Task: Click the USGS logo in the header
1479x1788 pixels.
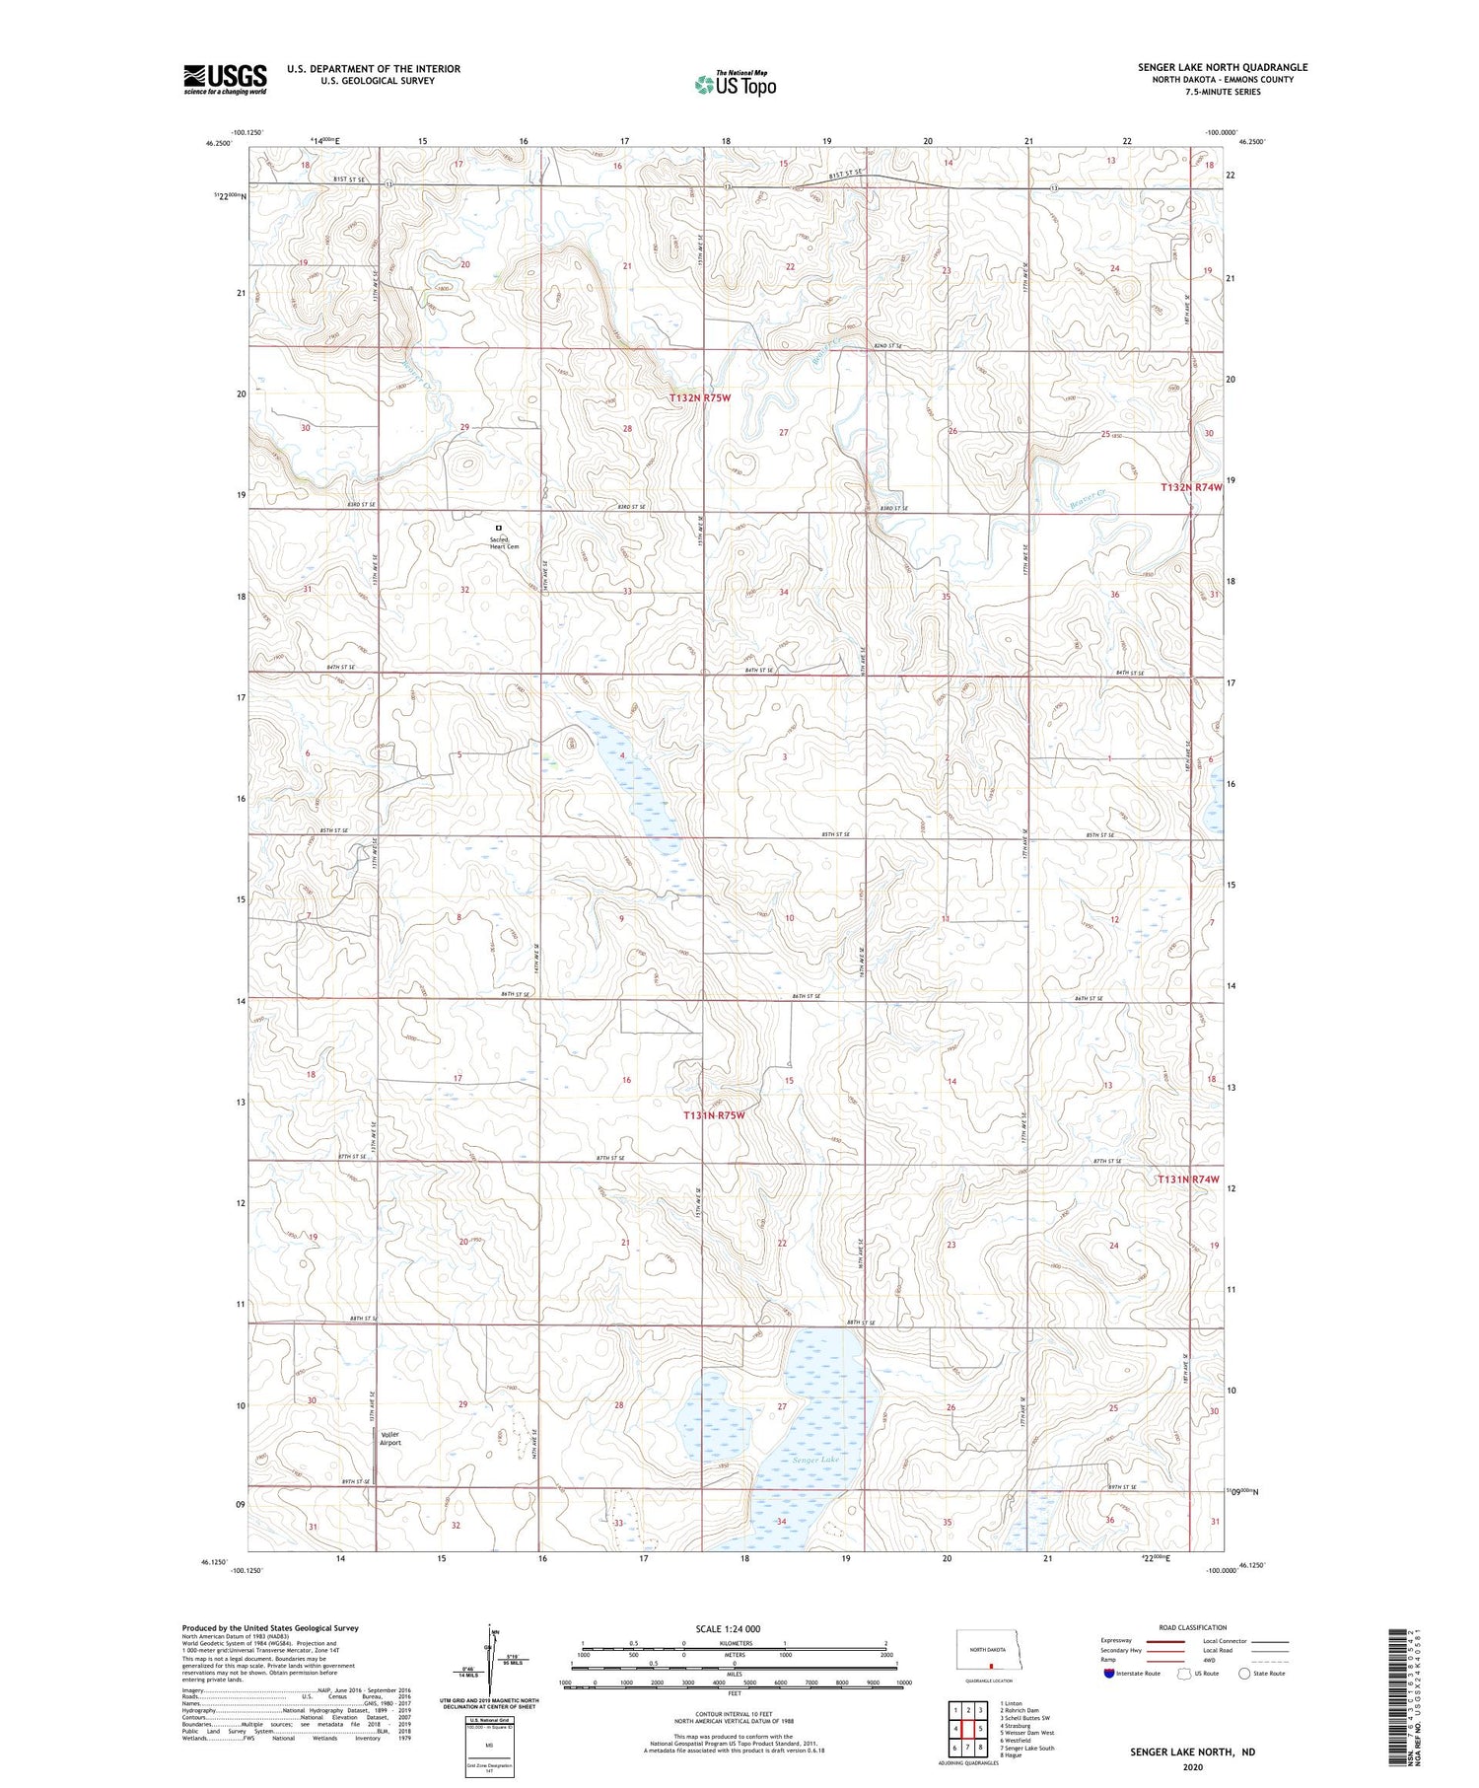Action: [225, 79]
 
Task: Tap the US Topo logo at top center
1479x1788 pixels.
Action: [736, 84]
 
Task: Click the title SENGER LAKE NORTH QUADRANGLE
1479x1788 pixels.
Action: [1222, 67]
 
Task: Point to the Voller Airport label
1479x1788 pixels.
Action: [390, 1438]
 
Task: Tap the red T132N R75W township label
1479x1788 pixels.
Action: [700, 397]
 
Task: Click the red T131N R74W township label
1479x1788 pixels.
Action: [1189, 1180]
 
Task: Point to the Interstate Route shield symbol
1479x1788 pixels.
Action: [1108, 1674]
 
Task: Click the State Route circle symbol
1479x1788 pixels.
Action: [1244, 1674]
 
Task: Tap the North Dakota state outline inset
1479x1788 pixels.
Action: [993, 1650]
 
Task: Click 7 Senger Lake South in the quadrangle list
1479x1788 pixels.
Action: [1026, 1748]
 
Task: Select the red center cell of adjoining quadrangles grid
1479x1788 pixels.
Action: [967, 1729]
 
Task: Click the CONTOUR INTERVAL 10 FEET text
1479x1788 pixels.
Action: [734, 1715]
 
